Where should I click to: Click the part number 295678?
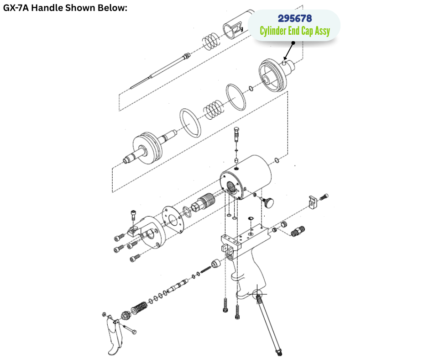click(x=295, y=18)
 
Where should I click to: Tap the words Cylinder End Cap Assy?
click(x=295, y=31)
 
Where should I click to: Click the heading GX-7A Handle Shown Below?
click(x=65, y=8)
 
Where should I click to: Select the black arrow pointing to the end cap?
click(x=288, y=51)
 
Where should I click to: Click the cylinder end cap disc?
click(x=273, y=75)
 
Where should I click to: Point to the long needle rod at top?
click(x=160, y=71)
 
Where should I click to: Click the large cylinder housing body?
click(x=246, y=177)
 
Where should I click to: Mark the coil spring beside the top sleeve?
click(x=211, y=42)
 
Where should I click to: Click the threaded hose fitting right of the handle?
click(x=298, y=231)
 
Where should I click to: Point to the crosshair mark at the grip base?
click(x=257, y=295)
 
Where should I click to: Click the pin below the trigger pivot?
click(x=130, y=329)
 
